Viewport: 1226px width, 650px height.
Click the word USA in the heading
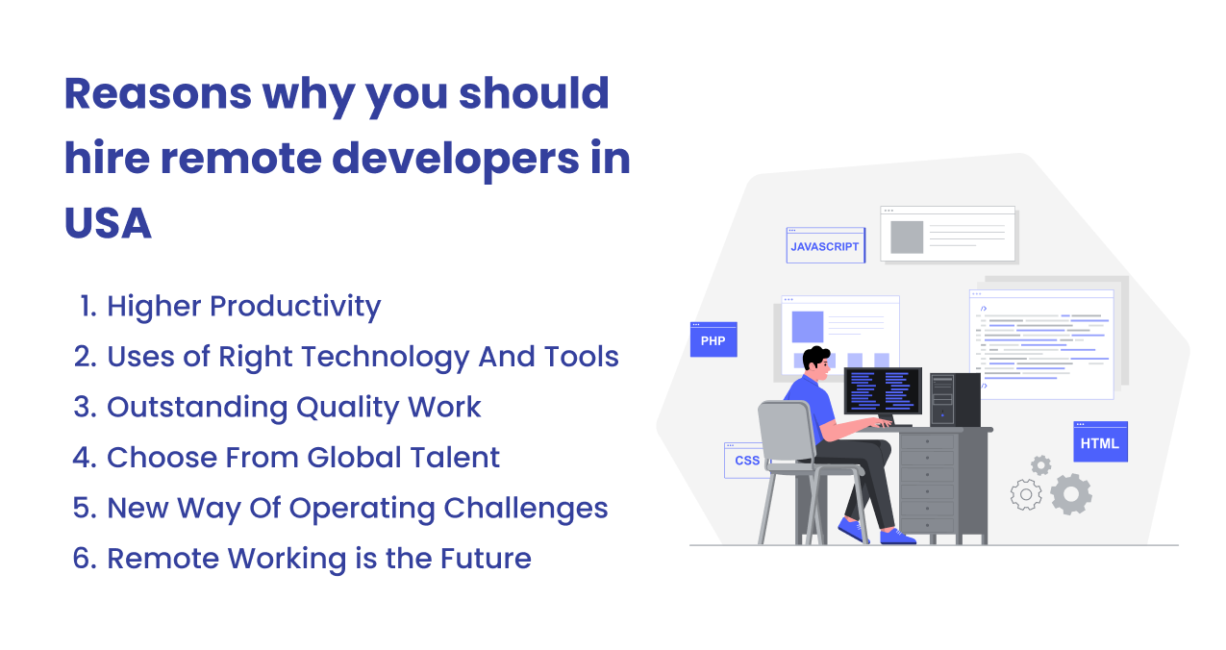108,223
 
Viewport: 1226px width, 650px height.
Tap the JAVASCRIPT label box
825,245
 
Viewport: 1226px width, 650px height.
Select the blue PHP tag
713,339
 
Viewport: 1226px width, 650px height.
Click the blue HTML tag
1100,441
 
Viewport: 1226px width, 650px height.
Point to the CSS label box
745,461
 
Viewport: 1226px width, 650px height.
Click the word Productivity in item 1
295,307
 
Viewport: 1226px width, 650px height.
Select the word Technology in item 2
386,358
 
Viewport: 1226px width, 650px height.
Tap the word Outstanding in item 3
197,408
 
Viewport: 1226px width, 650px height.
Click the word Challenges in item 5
525,509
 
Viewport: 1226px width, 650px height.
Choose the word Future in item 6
486,559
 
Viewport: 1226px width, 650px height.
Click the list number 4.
85,458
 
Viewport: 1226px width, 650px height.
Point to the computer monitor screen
883,390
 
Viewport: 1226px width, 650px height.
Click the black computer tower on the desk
955,399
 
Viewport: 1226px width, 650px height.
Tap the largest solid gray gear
1071,494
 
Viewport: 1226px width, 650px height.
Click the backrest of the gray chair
785,431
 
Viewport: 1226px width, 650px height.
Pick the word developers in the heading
456,160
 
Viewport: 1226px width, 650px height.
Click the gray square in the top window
907,237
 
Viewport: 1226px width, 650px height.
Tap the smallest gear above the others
1041,465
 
